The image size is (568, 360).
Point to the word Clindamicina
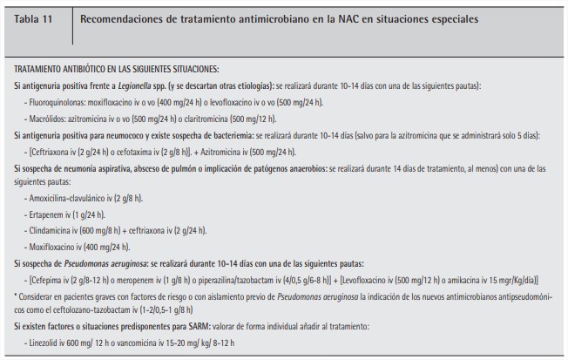click(x=54, y=230)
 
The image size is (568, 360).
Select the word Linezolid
click(x=46, y=342)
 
